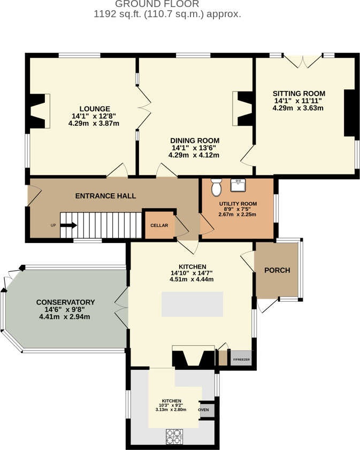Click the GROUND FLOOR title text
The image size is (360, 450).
[167, 4]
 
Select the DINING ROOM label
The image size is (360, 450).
[195, 141]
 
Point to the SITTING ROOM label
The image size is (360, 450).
[299, 93]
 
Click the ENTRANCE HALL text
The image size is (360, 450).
[105, 196]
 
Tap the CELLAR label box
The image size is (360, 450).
[159, 225]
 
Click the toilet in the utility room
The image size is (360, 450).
[217, 188]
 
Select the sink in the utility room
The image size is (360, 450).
[238, 185]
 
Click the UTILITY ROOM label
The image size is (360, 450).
[238, 204]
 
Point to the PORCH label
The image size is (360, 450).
[277, 270]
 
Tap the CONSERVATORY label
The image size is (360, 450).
[65, 302]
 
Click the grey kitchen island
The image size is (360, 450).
[193, 304]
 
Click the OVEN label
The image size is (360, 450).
[203, 410]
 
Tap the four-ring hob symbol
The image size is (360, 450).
[174, 436]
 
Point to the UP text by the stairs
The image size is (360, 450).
[53, 225]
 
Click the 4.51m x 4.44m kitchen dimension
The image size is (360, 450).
[192, 279]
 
